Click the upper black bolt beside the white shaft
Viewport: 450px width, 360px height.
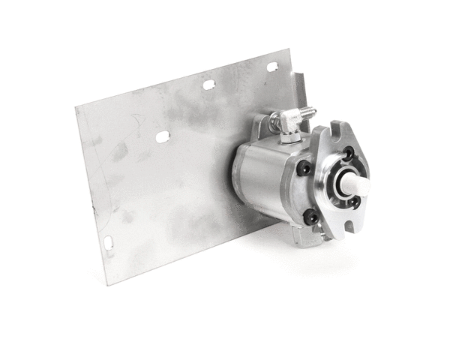click(349, 154)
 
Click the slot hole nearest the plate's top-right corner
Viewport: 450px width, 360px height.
click(271, 67)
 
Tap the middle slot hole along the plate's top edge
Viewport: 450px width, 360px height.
click(209, 85)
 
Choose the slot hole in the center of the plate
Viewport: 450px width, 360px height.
click(162, 136)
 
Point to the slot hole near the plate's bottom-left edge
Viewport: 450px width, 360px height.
click(109, 243)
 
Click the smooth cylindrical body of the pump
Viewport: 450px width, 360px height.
click(262, 176)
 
